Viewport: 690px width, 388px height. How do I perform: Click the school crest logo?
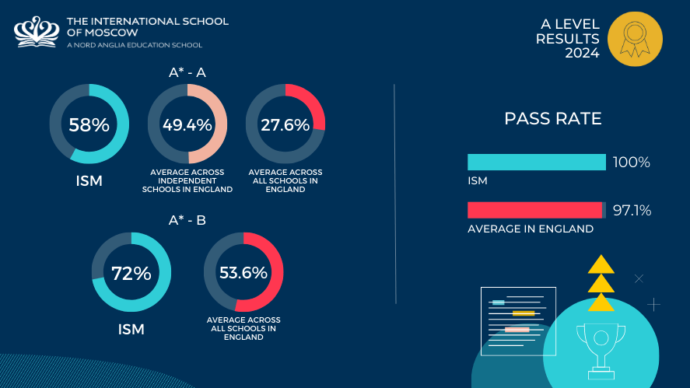pyautogui.click(x=37, y=32)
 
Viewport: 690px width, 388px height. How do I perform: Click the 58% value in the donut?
pyautogui.click(x=89, y=124)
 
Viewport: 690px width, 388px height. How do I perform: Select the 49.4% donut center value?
pyautogui.click(x=187, y=124)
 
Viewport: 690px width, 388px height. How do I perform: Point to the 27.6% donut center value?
pyautogui.click(x=285, y=124)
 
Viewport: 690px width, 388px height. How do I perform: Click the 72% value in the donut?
pyautogui.click(x=131, y=273)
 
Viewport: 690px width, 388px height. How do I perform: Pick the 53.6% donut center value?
pyautogui.click(x=243, y=273)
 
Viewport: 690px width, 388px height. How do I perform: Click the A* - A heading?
pyautogui.click(x=187, y=73)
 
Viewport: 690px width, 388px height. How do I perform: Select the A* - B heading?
pyautogui.click(x=187, y=220)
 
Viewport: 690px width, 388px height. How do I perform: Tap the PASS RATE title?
pyautogui.click(x=553, y=119)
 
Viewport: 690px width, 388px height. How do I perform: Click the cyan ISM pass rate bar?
pyautogui.click(x=536, y=162)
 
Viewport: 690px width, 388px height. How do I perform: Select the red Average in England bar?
pyautogui.click(x=534, y=210)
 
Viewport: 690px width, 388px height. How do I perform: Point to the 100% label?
pyautogui.click(x=631, y=163)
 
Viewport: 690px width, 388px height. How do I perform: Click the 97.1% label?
pyautogui.click(x=632, y=211)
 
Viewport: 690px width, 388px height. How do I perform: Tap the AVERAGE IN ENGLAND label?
pyautogui.click(x=530, y=229)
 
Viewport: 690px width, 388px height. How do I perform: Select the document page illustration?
pyautogui.click(x=518, y=320)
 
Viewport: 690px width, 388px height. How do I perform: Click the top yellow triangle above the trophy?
pyautogui.click(x=601, y=264)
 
